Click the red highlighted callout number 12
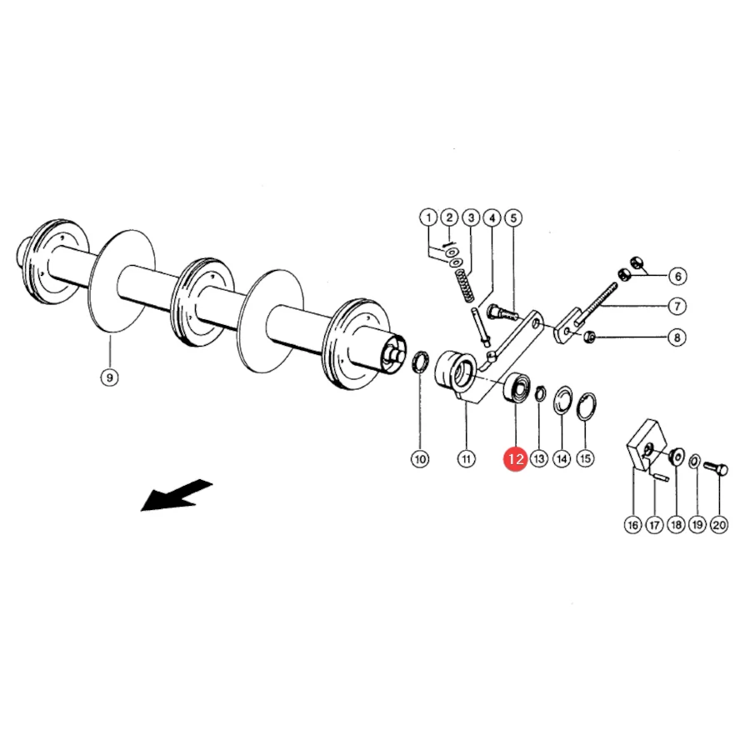tap(515, 459)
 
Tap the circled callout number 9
tap(109, 377)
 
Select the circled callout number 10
tap(420, 459)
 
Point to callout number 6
tap(677, 276)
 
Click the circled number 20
tap(719, 525)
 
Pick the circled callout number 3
tap(471, 218)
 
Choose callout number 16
tap(632, 525)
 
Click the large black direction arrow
tap(176, 496)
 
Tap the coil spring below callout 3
tap(463, 286)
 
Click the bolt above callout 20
tap(716, 468)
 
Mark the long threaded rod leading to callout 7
tap(598, 302)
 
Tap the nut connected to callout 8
tap(590, 337)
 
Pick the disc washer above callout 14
tap(563, 400)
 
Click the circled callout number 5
tap(513, 218)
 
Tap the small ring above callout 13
tap(540, 393)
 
